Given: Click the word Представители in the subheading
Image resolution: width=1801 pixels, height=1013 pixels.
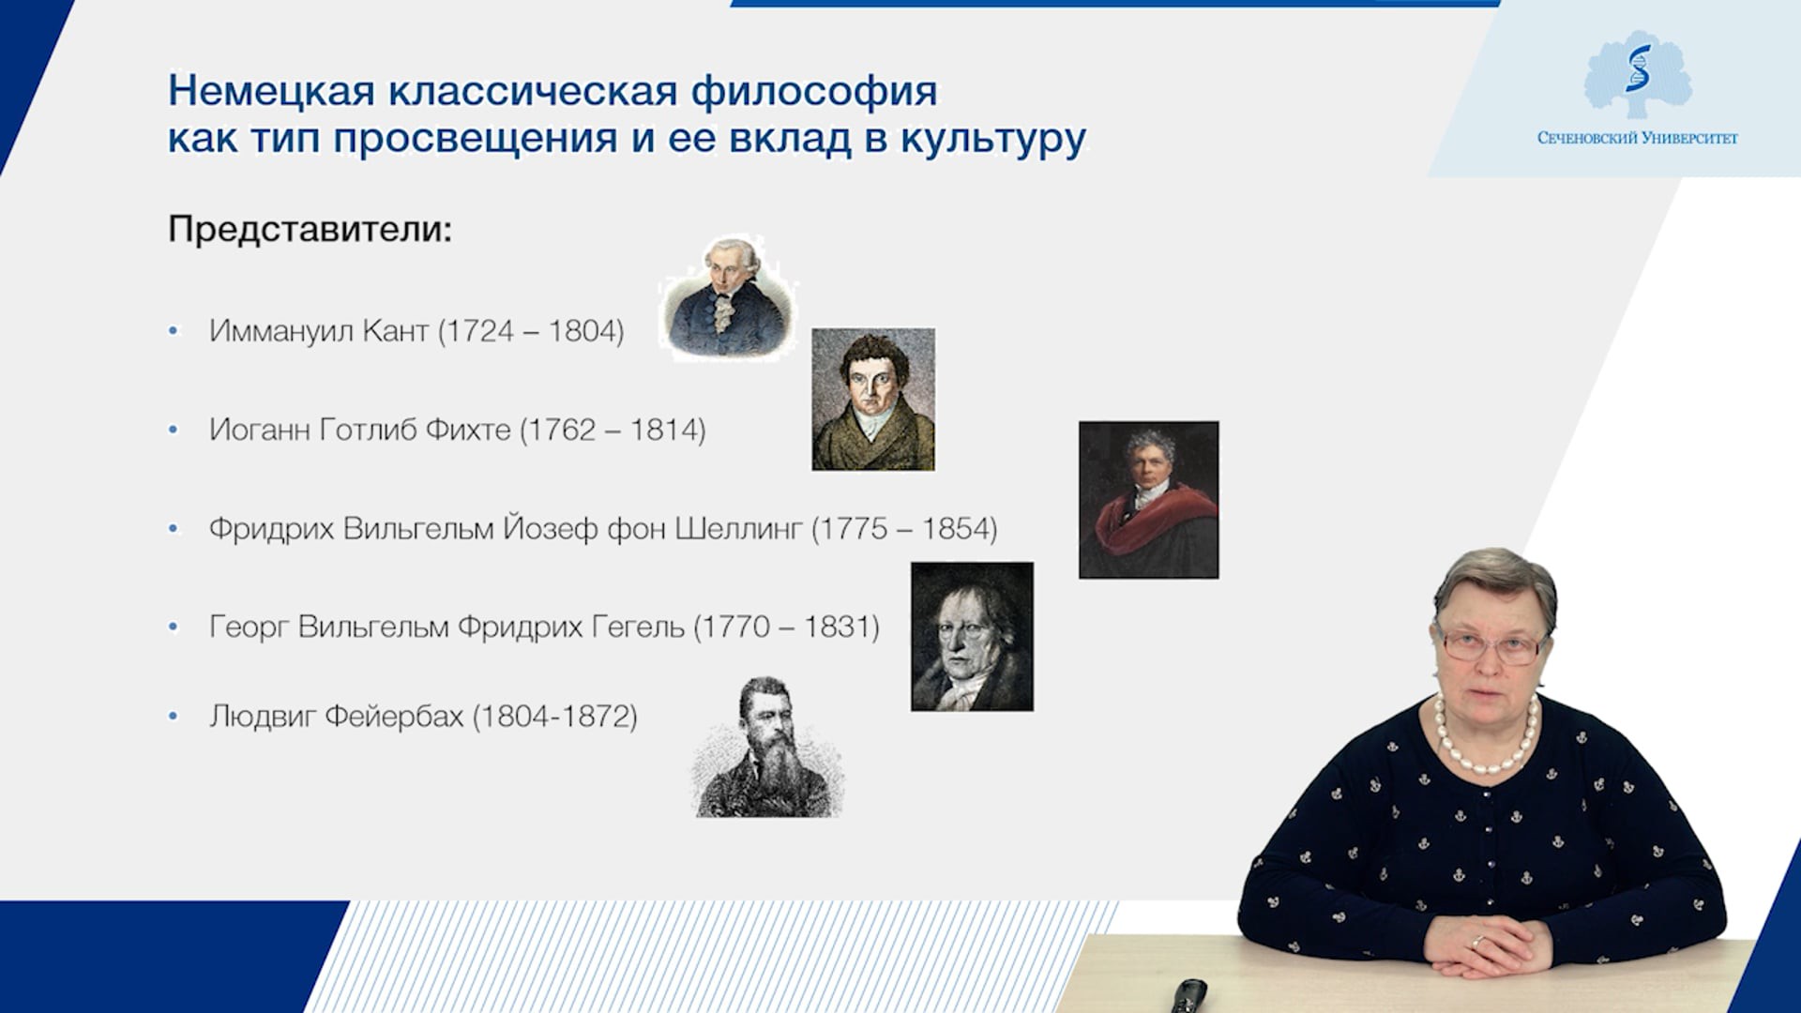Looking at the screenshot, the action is [x=310, y=230].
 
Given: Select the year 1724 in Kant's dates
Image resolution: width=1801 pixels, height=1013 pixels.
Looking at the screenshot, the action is [x=479, y=331].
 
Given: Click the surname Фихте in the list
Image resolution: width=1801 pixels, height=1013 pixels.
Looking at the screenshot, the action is [x=468, y=430].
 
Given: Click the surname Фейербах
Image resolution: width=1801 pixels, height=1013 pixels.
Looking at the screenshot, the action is [x=394, y=717].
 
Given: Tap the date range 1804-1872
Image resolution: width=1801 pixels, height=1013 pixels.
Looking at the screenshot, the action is [x=555, y=717].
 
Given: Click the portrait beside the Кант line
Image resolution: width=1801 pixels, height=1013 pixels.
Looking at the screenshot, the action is [x=728, y=297].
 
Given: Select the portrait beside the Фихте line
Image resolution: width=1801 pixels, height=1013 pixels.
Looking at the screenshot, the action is [x=873, y=399].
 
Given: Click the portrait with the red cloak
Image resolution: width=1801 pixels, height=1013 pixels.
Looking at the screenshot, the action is [x=1149, y=499].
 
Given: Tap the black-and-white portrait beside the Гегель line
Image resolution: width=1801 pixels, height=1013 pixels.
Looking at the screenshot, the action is [x=972, y=637].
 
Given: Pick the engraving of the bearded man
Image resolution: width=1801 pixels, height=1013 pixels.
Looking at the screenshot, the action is [x=767, y=747].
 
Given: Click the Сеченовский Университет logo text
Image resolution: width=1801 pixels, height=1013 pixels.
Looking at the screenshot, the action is [x=1637, y=138].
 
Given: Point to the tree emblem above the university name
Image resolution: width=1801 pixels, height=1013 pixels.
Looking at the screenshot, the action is [x=1638, y=75].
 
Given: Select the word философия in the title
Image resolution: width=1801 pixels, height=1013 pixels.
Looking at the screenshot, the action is [x=814, y=92].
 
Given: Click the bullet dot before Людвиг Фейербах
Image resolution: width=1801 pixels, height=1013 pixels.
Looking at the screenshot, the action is [x=174, y=717].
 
